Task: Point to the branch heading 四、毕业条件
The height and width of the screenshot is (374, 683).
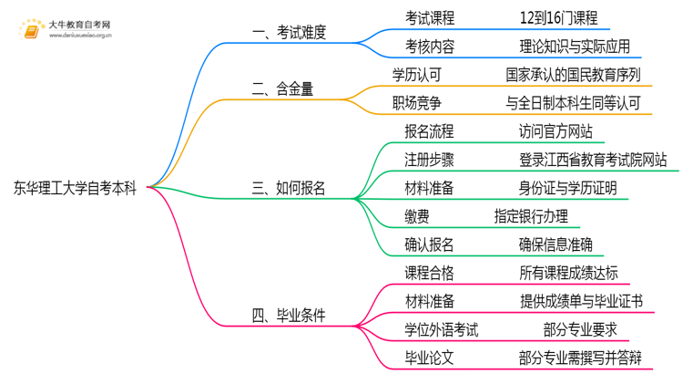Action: (x=289, y=316)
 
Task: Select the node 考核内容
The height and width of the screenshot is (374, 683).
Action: (x=430, y=45)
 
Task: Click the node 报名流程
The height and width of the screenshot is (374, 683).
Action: (x=430, y=130)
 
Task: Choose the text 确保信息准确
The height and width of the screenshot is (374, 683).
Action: (x=556, y=244)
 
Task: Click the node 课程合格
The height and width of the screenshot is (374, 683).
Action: (x=430, y=272)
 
